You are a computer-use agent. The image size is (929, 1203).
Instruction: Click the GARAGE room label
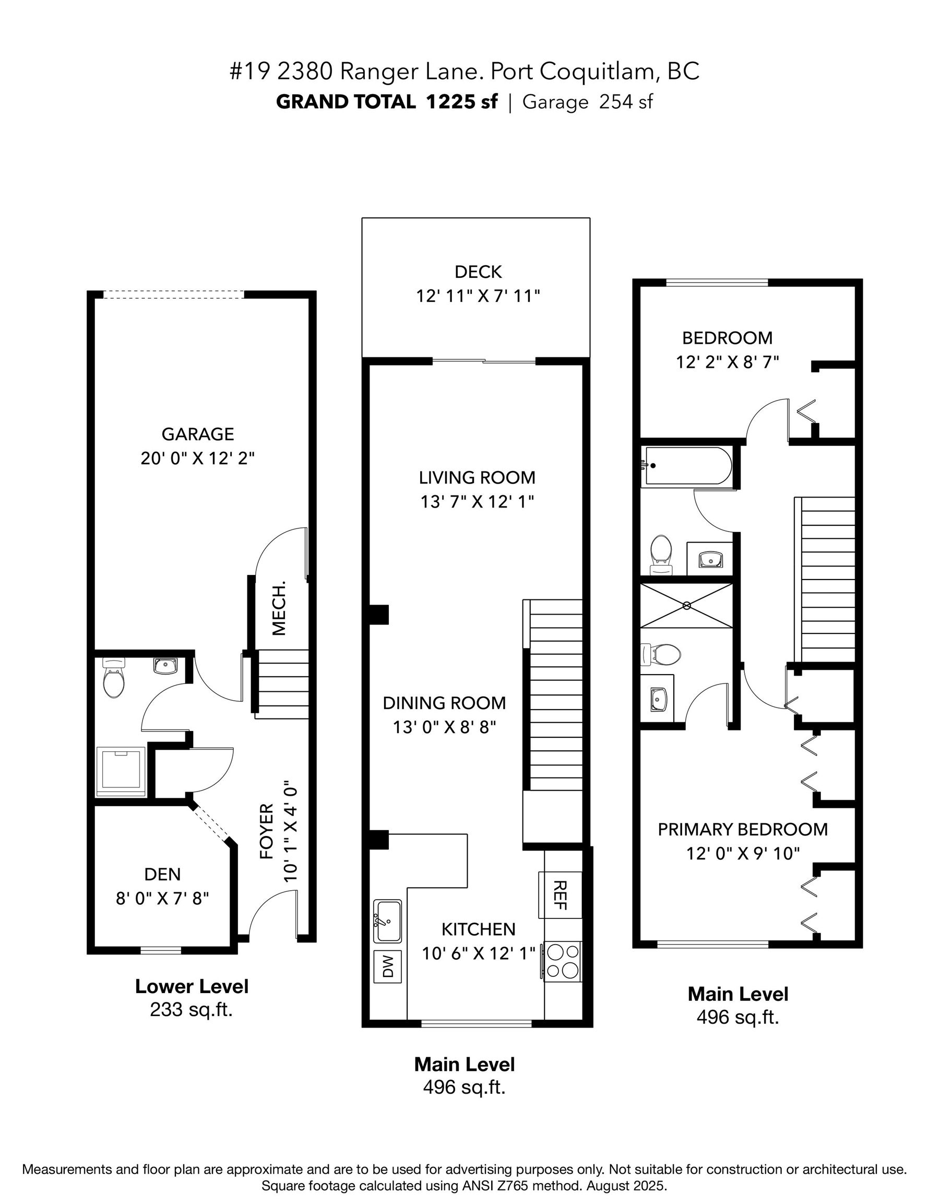click(x=198, y=434)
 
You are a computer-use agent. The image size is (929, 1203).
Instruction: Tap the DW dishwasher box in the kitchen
click(x=388, y=966)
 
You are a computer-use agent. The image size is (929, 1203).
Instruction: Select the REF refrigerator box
click(x=560, y=894)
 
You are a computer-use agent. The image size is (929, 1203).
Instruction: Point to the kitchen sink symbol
click(x=388, y=921)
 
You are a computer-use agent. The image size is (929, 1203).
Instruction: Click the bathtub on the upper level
click(x=688, y=466)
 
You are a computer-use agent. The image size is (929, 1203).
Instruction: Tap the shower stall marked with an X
click(x=686, y=605)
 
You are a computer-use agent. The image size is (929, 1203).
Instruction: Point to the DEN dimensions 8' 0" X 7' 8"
click(x=162, y=899)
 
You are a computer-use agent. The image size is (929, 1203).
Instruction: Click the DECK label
click(x=478, y=272)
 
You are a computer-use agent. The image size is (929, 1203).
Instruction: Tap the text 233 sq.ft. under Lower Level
click(x=191, y=1010)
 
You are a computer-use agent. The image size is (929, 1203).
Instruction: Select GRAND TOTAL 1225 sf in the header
click(x=387, y=102)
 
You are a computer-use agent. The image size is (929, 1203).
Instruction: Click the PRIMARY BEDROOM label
click(x=742, y=829)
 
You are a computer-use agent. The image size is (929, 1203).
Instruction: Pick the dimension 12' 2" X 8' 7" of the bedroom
click(x=727, y=362)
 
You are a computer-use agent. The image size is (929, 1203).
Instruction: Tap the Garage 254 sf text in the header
click(x=587, y=102)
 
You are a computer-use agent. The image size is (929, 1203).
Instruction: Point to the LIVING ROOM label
click(x=477, y=477)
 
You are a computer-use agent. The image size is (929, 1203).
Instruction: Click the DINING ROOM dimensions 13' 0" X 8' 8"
click(x=444, y=727)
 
